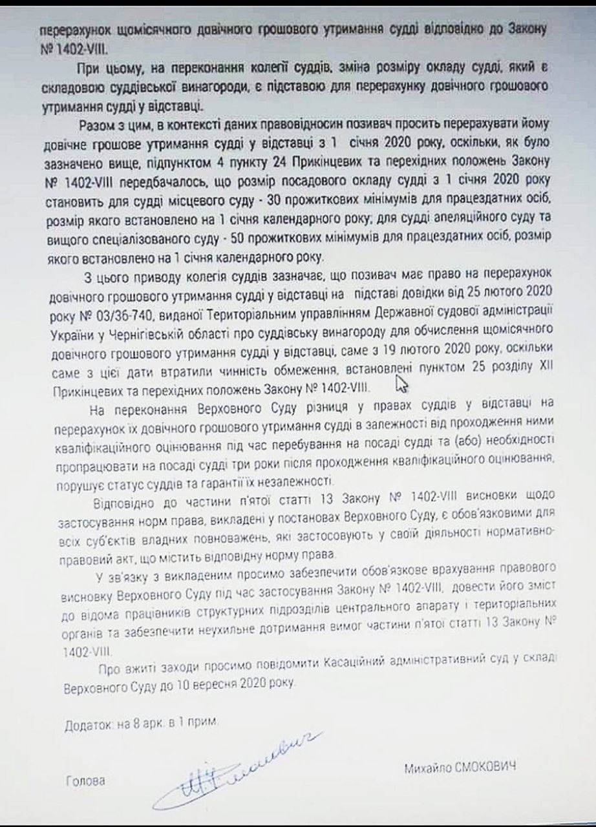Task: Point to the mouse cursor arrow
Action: [x=403, y=385]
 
